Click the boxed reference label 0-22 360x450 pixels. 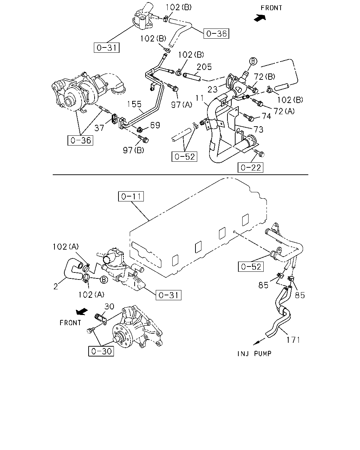tap(250, 167)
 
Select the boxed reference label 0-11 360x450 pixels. tap(131, 197)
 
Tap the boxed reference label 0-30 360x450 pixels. tap(101, 351)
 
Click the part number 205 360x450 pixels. tap(204, 67)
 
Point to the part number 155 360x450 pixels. tap(134, 104)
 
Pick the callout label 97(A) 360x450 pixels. tap(181, 104)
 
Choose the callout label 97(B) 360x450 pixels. tap(134, 150)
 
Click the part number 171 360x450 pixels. tap(293, 340)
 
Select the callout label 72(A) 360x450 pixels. tap(284, 111)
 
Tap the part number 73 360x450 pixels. tap(258, 129)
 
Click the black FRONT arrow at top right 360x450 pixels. tap(260, 18)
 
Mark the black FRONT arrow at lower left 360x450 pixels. tap(82, 311)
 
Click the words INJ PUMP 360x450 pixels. tap(255, 354)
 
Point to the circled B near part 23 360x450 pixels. tap(253, 61)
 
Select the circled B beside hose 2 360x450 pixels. tap(104, 280)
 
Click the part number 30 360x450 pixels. tap(109, 307)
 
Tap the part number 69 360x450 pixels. tap(155, 125)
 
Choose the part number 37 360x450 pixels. tap(99, 128)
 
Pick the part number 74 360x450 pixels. tap(266, 116)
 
